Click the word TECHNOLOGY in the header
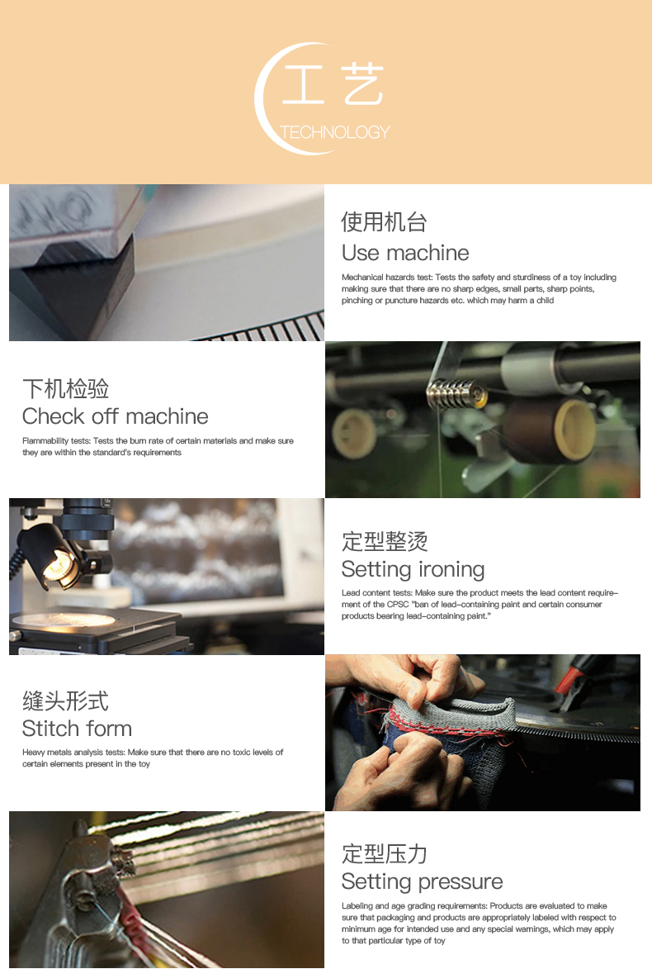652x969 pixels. pyautogui.click(x=334, y=132)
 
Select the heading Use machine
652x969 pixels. pyautogui.click(x=405, y=253)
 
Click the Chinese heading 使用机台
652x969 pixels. pyautogui.click(x=384, y=222)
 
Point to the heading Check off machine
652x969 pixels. pyautogui.click(x=116, y=416)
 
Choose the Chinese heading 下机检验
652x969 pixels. pyautogui.click(x=65, y=389)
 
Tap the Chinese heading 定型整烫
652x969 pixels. pyautogui.click(x=385, y=541)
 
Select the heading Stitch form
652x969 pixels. pyautogui.click(x=78, y=729)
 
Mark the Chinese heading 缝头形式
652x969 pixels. pyautogui.click(x=65, y=701)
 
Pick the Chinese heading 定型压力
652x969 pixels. pyautogui.click(x=385, y=853)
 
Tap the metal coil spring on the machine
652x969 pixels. pyautogui.click(x=452, y=392)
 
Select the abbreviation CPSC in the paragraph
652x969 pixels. pyautogui.click(x=399, y=605)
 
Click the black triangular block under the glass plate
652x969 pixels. pyautogui.click(x=80, y=291)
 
